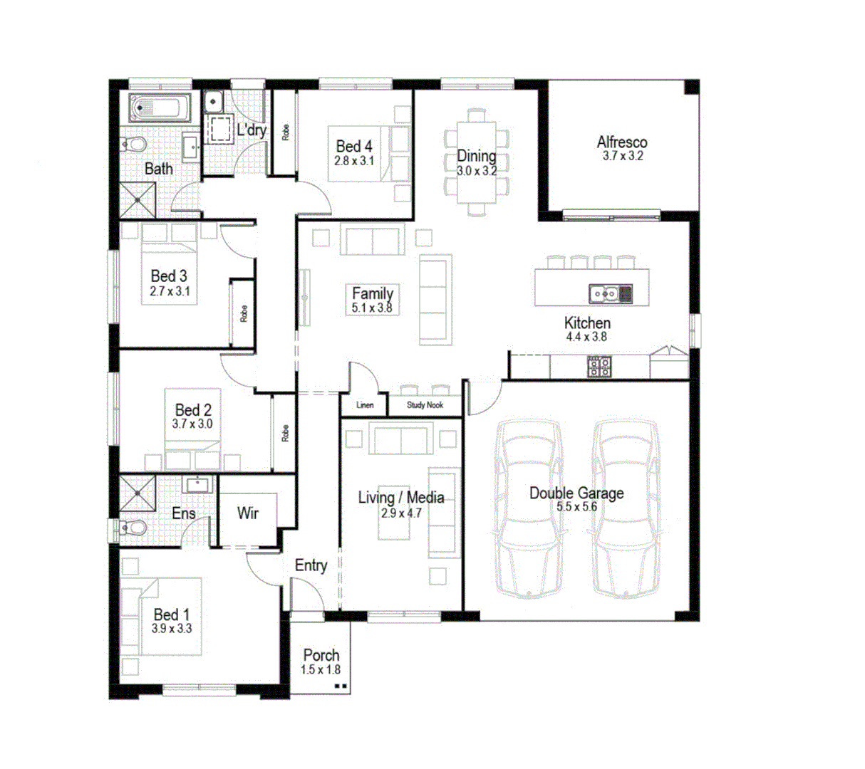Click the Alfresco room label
[x=622, y=142]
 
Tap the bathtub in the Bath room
[x=160, y=108]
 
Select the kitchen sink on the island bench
[x=603, y=292]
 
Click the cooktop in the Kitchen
[x=599, y=366]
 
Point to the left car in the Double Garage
[x=529, y=507]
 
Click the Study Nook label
[x=425, y=405]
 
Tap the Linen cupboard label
[x=365, y=405]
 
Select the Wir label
[x=247, y=513]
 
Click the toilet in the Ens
[x=132, y=528]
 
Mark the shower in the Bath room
[x=138, y=200]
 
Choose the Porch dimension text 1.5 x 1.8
[x=321, y=669]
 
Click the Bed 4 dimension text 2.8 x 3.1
[x=354, y=161]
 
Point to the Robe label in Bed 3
[x=244, y=313]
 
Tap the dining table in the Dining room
[x=477, y=162]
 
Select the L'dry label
[x=252, y=130]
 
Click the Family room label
[x=373, y=293]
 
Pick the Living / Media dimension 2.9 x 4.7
[x=401, y=513]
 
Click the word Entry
[x=311, y=565]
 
